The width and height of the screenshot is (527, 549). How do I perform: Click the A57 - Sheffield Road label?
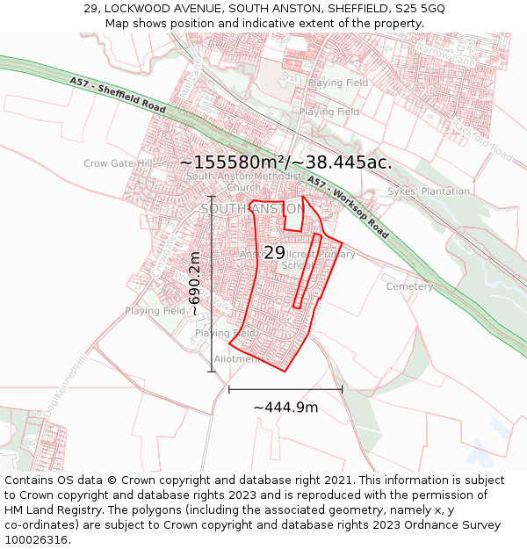[x=119, y=94]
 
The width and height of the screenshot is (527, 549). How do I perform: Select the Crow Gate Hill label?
[x=119, y=163]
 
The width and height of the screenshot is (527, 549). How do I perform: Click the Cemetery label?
[x=409, y=286]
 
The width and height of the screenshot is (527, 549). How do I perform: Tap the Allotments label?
[x=238, y=359]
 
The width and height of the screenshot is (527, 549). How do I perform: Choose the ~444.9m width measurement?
[x=285, y=408]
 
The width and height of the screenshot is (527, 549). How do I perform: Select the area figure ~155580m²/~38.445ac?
[x=285, y=163]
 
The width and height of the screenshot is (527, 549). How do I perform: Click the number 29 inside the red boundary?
[x=274, y=253]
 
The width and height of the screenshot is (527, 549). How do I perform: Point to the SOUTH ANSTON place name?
[x=253, y=209]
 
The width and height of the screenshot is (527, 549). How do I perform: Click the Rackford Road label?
[x=481, y=139]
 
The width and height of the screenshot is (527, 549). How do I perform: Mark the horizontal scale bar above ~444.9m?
[x=285, y=388]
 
